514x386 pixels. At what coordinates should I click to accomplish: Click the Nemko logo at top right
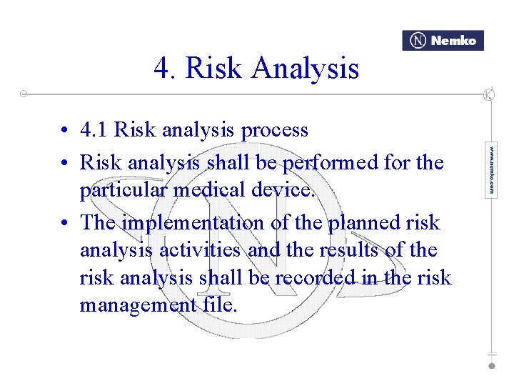443,41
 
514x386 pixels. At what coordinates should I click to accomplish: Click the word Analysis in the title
305,69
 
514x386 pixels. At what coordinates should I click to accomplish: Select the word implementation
193,223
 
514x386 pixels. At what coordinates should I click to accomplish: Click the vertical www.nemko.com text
491,171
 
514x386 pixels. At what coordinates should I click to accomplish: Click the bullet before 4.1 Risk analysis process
64,132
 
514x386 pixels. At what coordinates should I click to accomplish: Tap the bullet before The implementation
64,223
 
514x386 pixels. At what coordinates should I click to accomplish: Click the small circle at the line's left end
24,94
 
